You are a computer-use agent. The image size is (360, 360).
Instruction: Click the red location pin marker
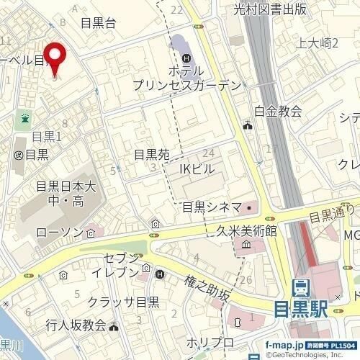pyautogui.click(x=55, y=58)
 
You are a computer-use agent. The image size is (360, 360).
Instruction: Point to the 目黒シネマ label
pyautogui.click(x=211, y=207)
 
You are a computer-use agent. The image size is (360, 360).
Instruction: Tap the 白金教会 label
pyautogui.click(x=278, y=111)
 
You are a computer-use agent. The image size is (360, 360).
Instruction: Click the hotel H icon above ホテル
pyautogui.click(x=187, y=58)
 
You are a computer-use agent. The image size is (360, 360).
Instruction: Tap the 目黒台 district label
pyautogui.click(x=99, y=23)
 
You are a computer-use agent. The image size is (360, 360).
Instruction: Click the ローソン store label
pyautogui.click(x=60, y=233)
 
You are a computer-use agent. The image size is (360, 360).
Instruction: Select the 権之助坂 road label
pyautogui.click(x=207, y=289)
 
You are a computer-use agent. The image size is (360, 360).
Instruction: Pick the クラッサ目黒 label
pyautogui.click(x=124, y=302)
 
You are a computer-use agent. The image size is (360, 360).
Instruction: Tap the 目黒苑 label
pyautogui.click(x=151, y=155)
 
